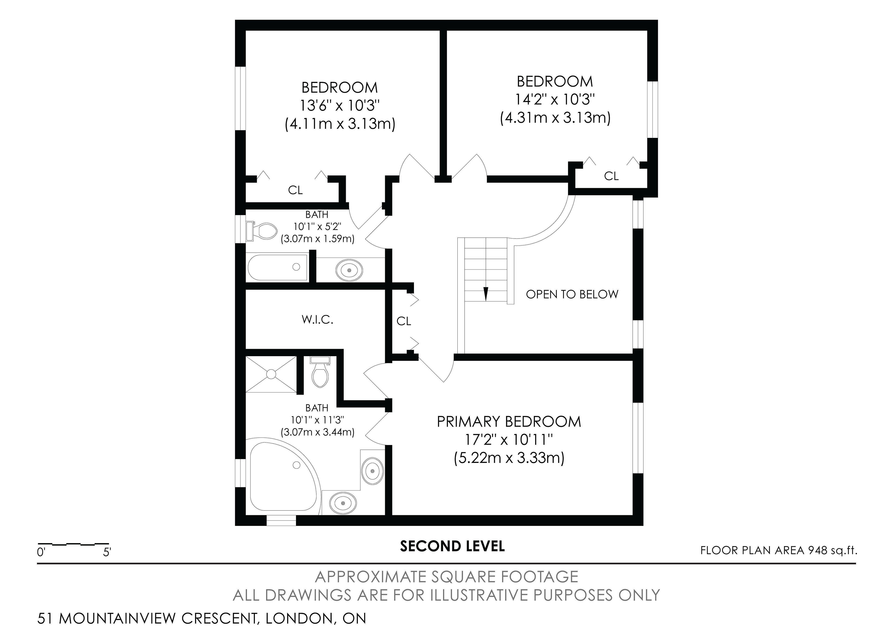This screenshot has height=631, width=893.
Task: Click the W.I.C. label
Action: point(317,320)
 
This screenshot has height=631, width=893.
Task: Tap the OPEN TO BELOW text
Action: point(572,294)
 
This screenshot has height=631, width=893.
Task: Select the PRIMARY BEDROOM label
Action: point(509,422)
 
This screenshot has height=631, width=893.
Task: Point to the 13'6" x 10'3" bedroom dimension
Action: point(340,105)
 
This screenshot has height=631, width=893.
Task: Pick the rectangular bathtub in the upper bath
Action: point(277,267)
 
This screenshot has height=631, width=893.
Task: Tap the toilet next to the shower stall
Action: point(320,372)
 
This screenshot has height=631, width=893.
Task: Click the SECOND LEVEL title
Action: point(452,546)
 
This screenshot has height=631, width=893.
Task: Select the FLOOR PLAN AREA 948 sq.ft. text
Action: point(779,551)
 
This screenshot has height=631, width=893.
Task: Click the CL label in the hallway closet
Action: point(404,321)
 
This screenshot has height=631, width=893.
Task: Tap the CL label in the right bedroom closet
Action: point(611,176)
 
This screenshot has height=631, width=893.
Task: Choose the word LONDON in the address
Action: point(298,618)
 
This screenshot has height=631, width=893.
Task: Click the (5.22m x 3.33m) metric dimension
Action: point(509,458)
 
